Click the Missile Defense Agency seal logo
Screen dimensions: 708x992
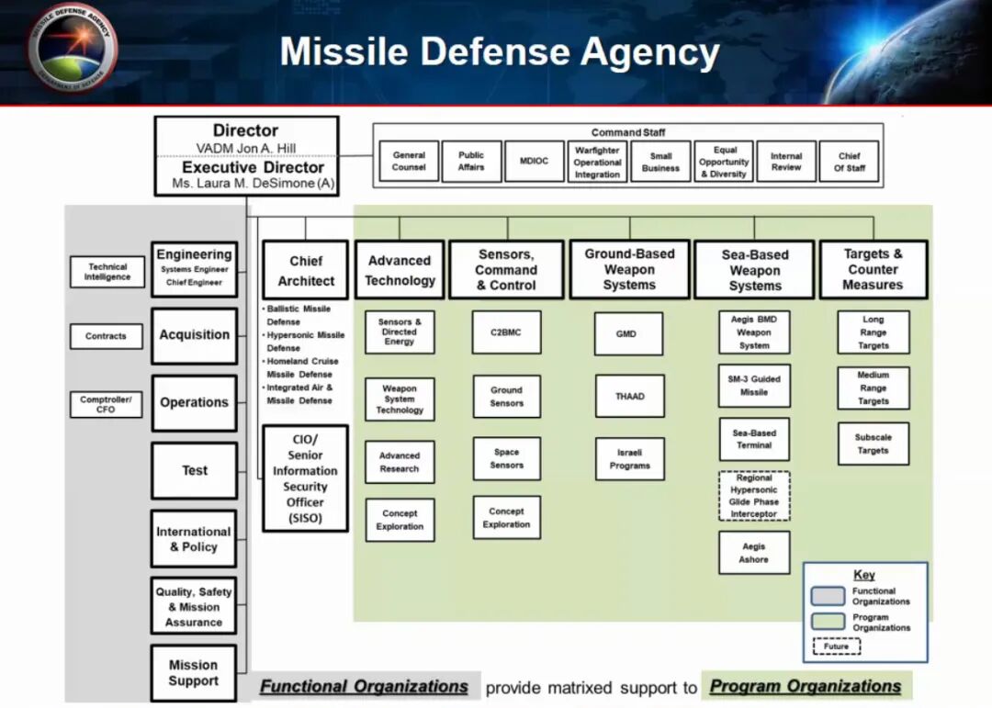tap(73, 46)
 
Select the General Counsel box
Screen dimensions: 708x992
tap(409, 162)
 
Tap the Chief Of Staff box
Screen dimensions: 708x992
tap(849, 162)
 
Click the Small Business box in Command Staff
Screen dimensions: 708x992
tap(660, 162)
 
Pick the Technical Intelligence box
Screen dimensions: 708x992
tap(107, 272)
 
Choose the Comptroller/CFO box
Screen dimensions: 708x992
tap(106, 404)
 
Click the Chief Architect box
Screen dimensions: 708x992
tap(306, 270)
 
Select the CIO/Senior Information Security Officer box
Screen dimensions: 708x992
tap(305, 478)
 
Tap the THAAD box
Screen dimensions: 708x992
tap(629, 397)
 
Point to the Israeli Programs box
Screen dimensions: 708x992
tap(629, 459)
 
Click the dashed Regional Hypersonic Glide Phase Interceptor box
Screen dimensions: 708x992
tap(754, 496)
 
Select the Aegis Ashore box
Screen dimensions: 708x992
tap(754, 553)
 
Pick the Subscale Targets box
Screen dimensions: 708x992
tap(873, 444)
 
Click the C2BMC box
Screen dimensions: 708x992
tap(506, 332)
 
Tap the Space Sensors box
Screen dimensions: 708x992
tap(506, 458)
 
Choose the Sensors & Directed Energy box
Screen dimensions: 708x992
tap(400, 332)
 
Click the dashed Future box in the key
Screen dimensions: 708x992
tap(836, 646)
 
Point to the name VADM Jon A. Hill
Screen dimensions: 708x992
tap(245, 149)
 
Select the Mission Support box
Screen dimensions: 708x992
tap(194, 673)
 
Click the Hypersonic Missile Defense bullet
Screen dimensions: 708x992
tap(305, 342)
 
